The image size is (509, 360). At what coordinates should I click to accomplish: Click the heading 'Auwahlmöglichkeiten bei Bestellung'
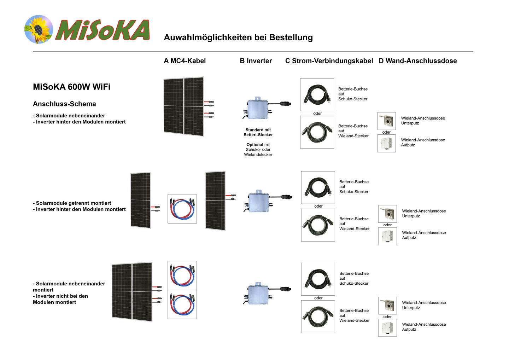(x=238, y=37)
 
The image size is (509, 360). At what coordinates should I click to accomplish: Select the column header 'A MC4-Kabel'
(x=185, y=61)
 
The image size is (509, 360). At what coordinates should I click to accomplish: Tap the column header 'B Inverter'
(x=256, y=61)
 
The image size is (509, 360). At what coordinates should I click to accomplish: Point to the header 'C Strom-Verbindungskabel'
(x=329, y=61)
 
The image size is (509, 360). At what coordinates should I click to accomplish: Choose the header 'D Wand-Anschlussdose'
(x=418, y=61)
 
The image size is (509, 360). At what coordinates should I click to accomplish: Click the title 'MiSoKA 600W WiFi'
(x=71, y=87)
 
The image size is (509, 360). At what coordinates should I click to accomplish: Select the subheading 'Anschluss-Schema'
(x=64, y=104)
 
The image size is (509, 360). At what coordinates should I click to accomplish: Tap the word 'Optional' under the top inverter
(x=255, y=145)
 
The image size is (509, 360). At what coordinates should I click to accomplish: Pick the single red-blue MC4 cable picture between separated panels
(x=182, y=209)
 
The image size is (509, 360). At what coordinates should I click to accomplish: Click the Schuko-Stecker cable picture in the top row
(x=317, y=94)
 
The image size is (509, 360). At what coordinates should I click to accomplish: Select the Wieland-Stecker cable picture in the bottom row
(x=318, y=317)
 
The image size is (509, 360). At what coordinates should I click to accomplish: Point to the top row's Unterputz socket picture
(x=387, y=121)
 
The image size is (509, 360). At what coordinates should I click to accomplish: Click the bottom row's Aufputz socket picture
(x=387, y=328)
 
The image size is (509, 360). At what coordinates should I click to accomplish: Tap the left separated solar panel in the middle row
(x=140, y=200)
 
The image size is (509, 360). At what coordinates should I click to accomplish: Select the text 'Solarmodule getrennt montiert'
(x=74, y=203)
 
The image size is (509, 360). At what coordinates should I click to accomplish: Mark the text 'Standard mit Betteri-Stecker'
(x=258, y=132)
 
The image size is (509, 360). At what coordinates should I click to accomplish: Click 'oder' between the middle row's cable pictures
(x=318, y=206)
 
